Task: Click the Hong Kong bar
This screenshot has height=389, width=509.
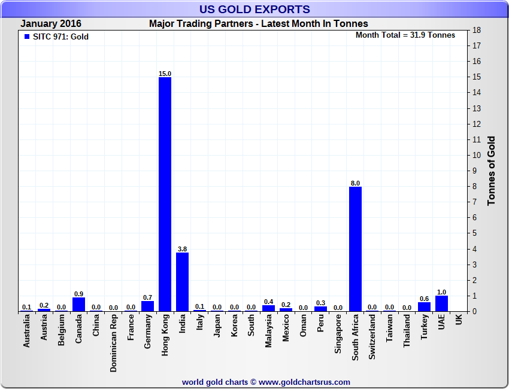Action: pos(165,194)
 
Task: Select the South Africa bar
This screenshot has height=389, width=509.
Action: pos(355,249)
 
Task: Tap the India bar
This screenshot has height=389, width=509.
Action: pos(182,281)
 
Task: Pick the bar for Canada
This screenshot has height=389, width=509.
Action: pos(78,304)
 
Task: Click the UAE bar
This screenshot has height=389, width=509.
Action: pos(442,303)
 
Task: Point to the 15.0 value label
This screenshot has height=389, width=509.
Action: pos(165,74)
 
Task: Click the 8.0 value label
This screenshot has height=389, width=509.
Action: pos(355,183)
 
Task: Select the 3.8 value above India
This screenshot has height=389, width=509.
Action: pos(182,248)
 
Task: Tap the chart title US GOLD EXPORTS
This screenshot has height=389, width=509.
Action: pos(255,9)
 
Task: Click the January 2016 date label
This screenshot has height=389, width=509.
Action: pos(51,24)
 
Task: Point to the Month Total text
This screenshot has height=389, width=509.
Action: pos(405,35)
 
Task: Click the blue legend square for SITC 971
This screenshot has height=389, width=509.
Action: pos(26,37)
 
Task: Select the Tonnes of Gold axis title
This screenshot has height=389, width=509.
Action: pos(491,171)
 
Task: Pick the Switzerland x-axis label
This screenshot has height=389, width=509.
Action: pos(372,338)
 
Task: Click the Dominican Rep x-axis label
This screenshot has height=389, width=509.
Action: pos(113,344)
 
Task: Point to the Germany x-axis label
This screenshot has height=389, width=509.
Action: pos(148,332)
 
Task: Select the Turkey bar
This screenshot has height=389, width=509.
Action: pos(425,306)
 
